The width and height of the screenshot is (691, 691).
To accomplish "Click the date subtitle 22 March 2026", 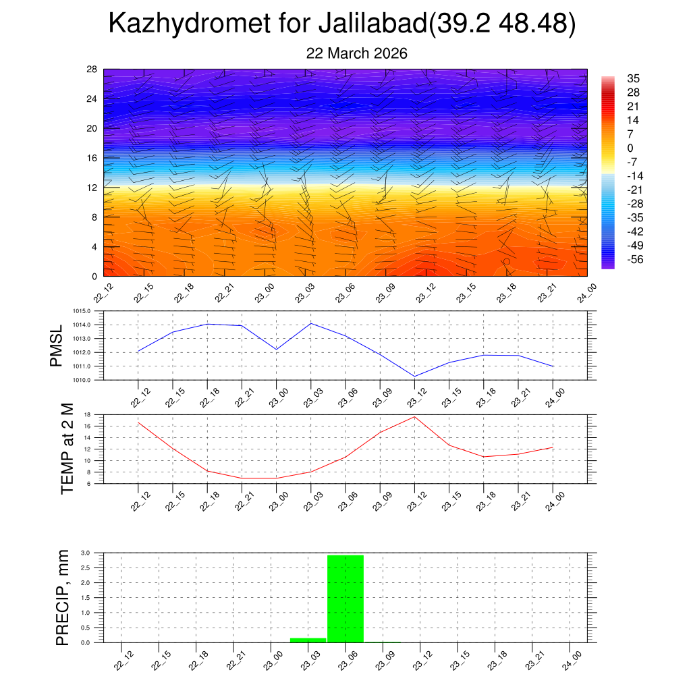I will tap(356, 53).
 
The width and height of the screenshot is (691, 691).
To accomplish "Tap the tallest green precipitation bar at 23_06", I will tap(345, 598).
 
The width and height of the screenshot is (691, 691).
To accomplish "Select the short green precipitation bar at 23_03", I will tap(308, 640).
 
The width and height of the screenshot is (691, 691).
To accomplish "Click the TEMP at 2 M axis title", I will tap(66, 449).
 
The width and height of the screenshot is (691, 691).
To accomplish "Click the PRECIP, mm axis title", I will tap(63, 598).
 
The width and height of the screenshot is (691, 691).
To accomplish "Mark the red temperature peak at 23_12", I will tap(414, 417).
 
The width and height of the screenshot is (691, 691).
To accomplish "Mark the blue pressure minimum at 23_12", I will tap(414, 376).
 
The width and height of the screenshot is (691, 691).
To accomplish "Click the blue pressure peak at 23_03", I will tap(311, 324).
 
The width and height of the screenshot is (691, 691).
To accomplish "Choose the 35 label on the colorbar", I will tap(633, 79).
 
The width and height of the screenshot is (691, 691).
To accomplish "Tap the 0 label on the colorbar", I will tap(630, 148).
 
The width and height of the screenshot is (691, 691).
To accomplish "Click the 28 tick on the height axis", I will tap(92, 70).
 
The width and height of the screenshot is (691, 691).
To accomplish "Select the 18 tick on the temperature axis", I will tap(87, 414).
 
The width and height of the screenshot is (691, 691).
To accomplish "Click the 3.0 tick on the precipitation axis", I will tap(86, 553).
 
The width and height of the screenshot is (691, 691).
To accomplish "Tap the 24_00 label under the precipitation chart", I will tap(573, 660).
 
